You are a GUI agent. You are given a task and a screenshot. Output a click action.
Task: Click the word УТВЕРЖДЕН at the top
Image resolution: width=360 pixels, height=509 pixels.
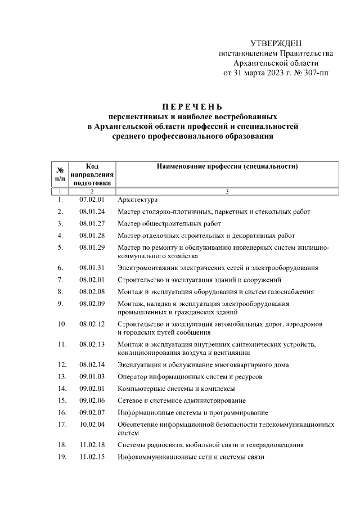276,43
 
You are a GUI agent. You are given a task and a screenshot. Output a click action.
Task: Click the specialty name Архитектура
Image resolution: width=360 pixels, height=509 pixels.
138,200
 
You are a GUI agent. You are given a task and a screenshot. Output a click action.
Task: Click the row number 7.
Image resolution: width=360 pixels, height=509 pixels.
60,280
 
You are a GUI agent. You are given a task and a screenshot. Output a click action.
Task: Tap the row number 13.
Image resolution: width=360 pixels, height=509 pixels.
61,376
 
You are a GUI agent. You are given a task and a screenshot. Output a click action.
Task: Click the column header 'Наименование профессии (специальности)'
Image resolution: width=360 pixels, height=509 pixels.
227,167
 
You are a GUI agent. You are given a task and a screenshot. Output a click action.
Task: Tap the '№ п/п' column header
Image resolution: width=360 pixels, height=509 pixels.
59,173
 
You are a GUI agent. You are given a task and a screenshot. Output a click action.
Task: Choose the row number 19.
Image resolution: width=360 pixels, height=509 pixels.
61,457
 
